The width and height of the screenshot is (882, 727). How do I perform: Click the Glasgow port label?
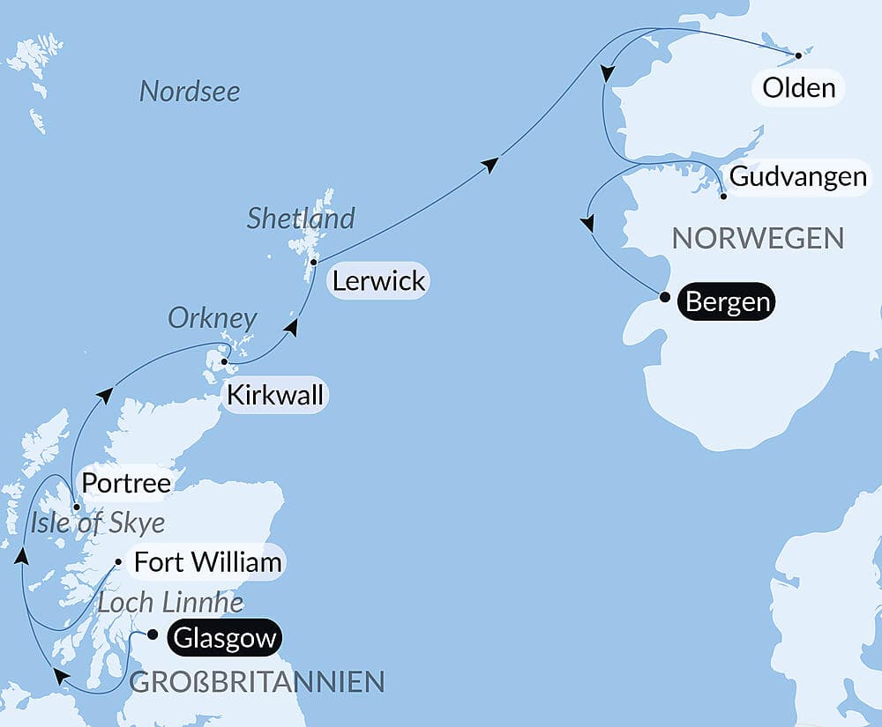tap(225, 637)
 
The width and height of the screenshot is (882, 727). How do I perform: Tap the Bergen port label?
tap(728, 301)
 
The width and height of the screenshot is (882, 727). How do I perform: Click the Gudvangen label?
tap(798, 176)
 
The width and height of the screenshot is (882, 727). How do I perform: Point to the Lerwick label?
tap(378, 281)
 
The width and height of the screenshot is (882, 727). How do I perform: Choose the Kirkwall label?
tap(274, 395)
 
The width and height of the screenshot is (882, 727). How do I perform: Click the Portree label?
tap(124, 483)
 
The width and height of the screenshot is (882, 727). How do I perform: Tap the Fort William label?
tap(208, 561)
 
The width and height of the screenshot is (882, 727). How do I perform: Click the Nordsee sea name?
tap(190, 91)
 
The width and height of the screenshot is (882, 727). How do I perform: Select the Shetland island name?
tap(301, 218)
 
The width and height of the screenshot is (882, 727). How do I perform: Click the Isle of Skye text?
tap(97, 523)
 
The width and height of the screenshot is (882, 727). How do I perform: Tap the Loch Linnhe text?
tap(169, 603)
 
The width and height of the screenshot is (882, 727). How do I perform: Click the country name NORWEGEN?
tap(758, 237)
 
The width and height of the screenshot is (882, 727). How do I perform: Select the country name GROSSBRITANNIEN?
tap(257, 681)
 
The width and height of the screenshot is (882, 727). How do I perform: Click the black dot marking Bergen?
tap(664, 297)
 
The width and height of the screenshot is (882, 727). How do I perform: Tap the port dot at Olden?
tap(798, 56)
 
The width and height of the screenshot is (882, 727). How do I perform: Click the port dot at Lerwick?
tap(313, 262)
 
